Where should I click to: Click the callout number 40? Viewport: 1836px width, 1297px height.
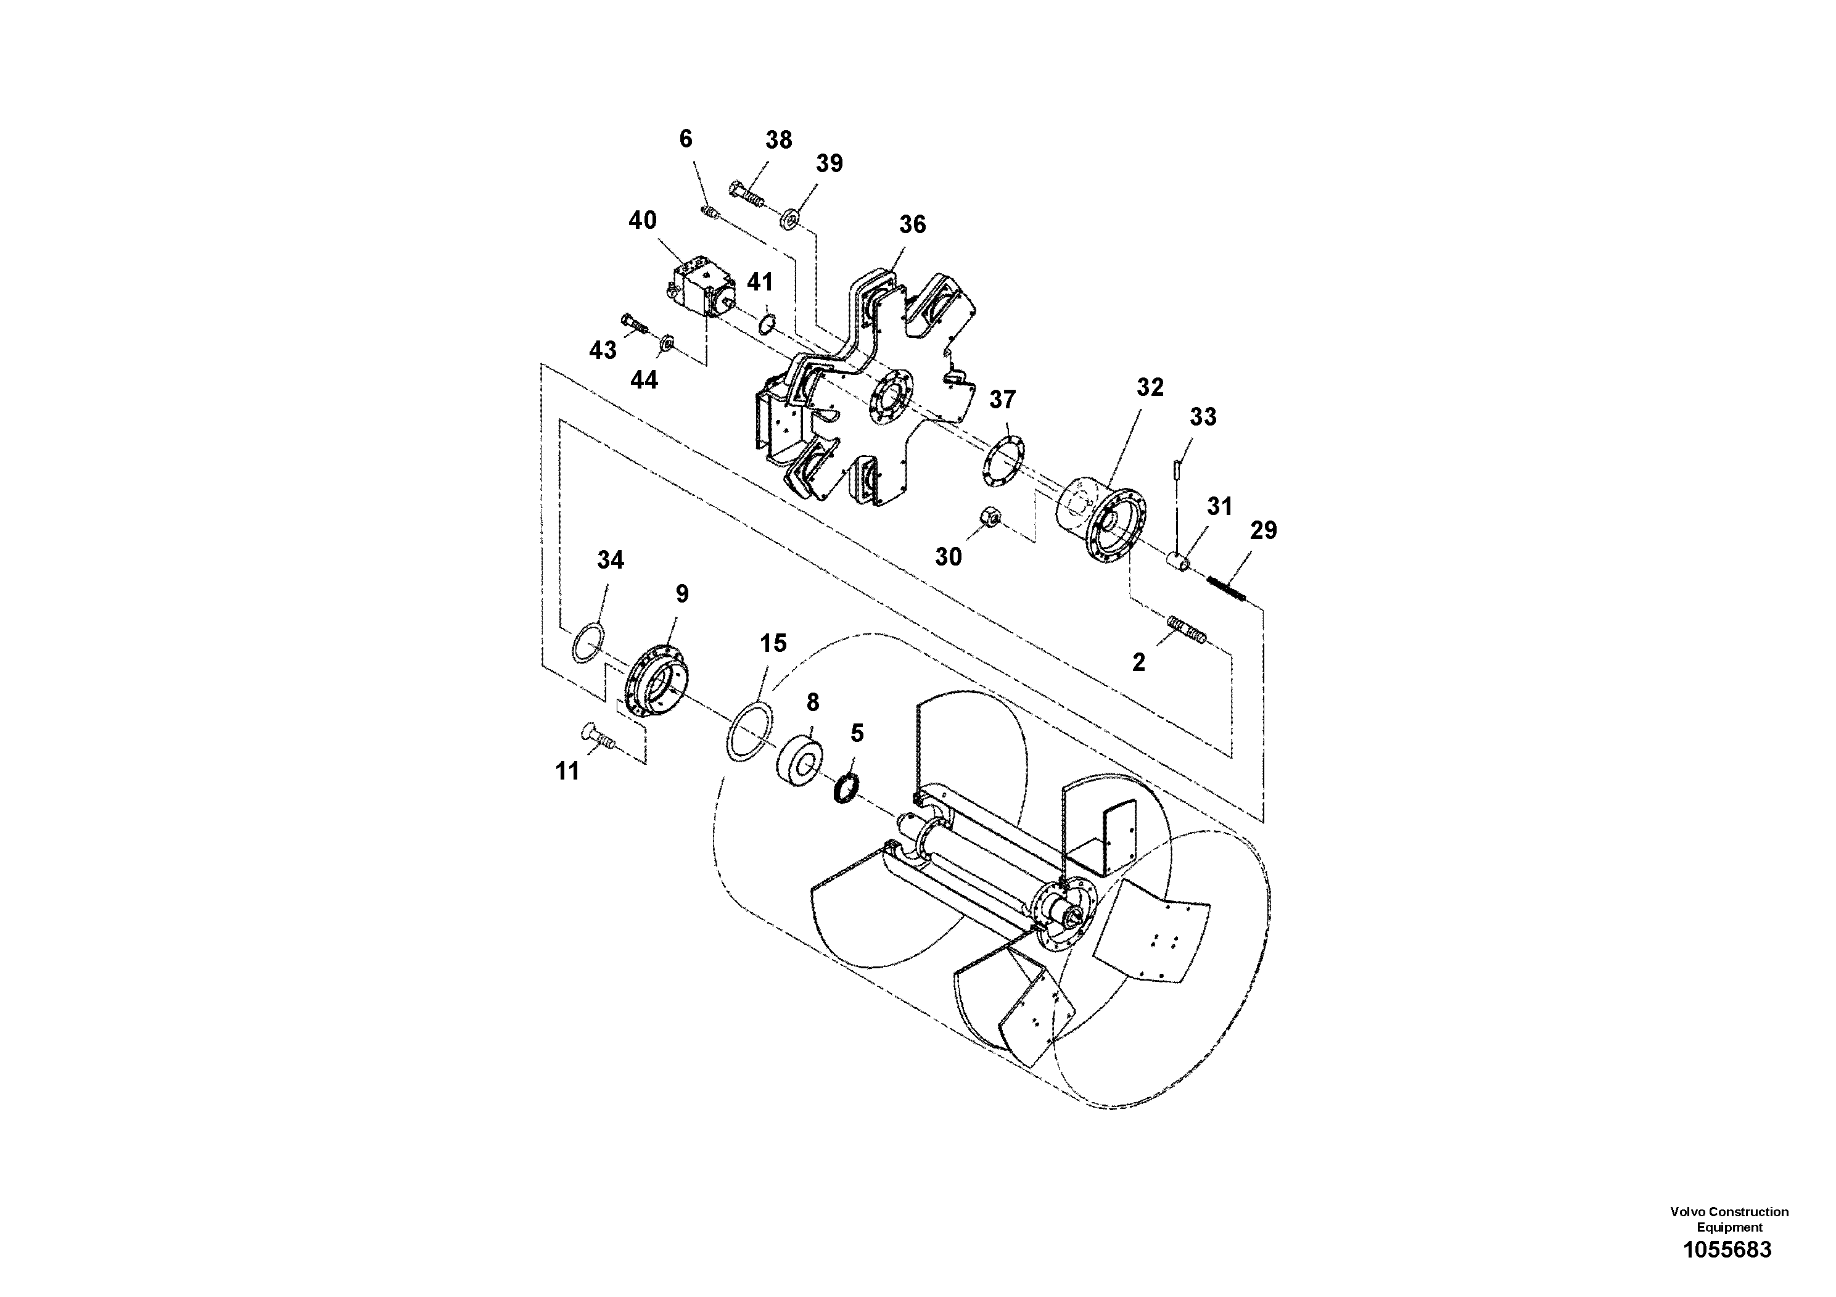coord(642,220)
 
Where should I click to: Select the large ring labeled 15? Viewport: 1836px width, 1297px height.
coord(750,731)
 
